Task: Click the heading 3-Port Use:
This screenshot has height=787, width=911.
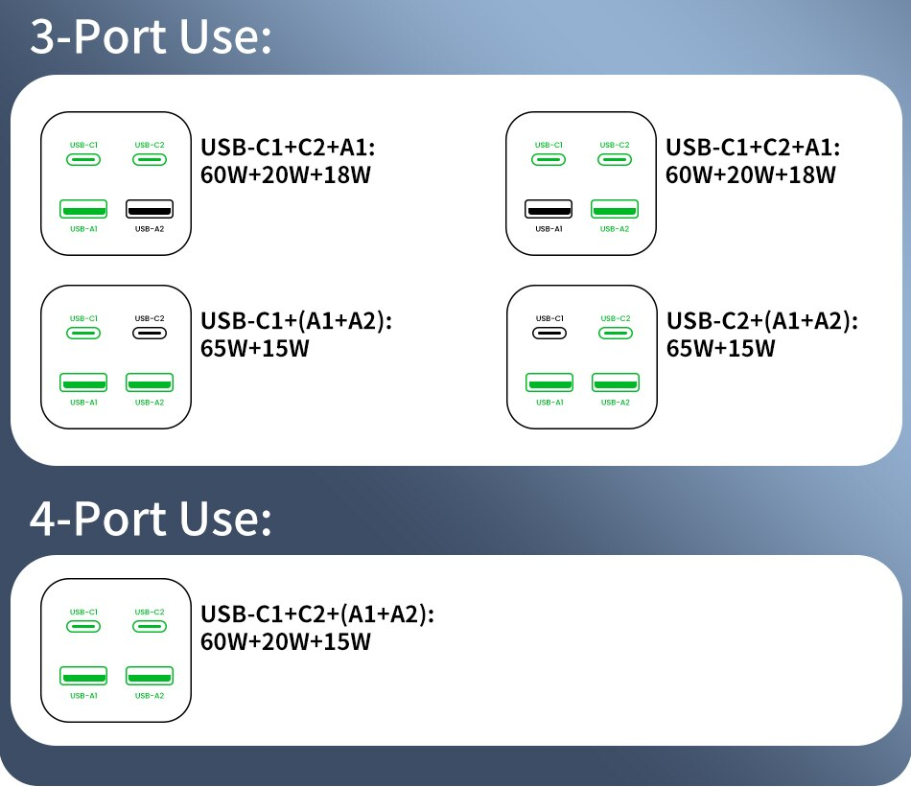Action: click(x=151, y=36)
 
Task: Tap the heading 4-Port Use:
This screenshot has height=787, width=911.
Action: click(x=151, y=518)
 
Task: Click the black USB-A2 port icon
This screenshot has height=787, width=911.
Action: click(x=150, y=209)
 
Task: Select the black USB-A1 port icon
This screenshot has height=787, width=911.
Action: click(x=549, y=209)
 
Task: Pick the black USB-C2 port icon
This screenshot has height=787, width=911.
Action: click(x=150, y=334)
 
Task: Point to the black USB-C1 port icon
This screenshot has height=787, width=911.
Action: click(x=549, y=334)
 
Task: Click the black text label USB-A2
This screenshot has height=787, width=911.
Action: click(x=150, y=229)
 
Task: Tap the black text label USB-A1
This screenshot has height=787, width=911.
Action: click(x=549, y=229)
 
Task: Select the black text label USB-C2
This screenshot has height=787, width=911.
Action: click(x=150, y=318)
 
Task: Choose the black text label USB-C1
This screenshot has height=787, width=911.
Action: click(x=549, y=318)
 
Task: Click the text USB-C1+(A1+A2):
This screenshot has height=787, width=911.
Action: click(x=296, y=321)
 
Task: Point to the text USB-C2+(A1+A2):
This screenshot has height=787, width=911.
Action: click(x=762, y=321)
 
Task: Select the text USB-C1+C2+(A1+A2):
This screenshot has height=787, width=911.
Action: click(x=317, y=613)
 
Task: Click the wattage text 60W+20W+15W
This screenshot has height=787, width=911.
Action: click(x=285, y=642)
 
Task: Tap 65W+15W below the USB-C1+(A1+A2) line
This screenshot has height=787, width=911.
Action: click(x=254, y=349)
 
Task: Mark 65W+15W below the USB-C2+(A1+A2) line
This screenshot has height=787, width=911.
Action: click(x=720, y=349)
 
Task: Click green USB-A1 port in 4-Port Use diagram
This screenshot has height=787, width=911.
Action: click(x=83, y=676)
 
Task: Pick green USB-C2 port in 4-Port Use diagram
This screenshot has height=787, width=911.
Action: click(x=150, y=627)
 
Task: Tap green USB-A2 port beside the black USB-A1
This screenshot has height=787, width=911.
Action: click(x=615, y=209)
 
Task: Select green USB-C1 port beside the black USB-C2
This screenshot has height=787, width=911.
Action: click(x=83, y=334)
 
